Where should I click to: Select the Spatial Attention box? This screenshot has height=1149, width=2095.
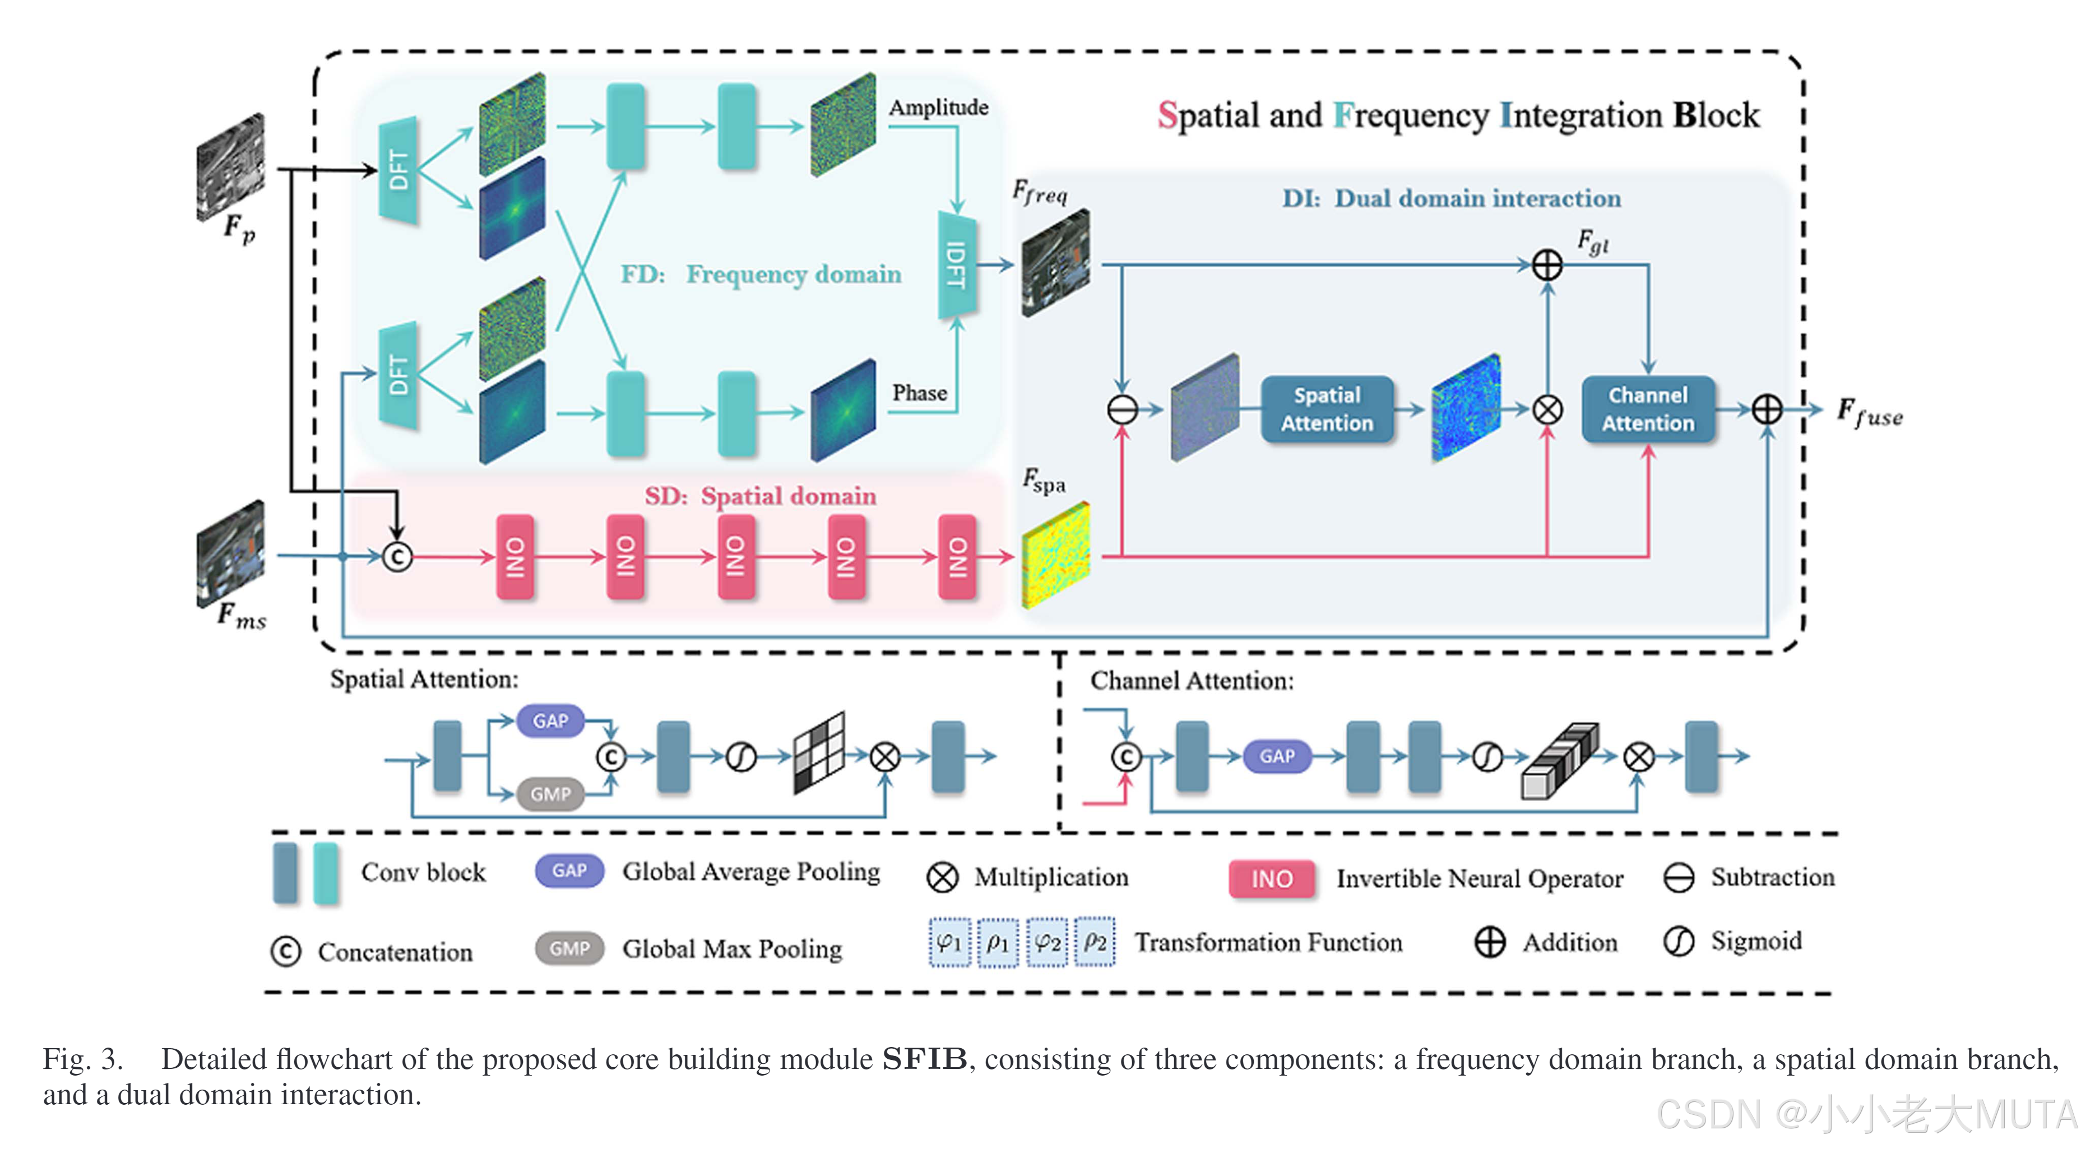(1327, 409)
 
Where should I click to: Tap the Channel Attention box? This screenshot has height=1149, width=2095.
(1648, 409)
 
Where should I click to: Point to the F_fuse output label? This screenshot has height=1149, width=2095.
(1869, 412)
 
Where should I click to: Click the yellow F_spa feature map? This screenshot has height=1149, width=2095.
(1055, 555)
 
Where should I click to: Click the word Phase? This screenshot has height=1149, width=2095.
(919, 393)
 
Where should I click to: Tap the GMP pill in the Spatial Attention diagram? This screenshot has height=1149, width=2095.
(550, 794)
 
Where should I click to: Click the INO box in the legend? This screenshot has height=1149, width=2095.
(1271, 879)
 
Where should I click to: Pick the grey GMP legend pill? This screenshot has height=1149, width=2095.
(569, 948)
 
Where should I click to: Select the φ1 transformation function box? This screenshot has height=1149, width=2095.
(949, 942)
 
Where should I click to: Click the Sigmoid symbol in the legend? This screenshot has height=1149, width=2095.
(1678, 942)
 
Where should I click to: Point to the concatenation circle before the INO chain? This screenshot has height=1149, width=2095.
(397, 557)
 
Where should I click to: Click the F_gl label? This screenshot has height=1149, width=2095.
(1592, 241)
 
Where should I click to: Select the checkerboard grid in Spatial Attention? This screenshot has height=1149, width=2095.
(819, 753)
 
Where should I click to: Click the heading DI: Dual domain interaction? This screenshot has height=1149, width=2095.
(1451, 198)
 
